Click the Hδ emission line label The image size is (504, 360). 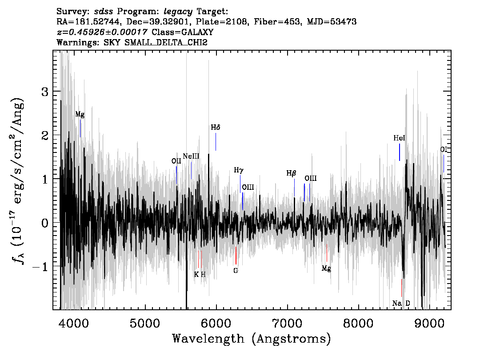(216, 128)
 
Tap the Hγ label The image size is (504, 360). (239, 170)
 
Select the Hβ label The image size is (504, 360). (291, 174)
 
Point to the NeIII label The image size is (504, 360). (191, 156)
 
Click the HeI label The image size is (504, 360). (399, 138)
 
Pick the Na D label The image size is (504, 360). (401, 304)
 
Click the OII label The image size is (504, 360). (176, 161)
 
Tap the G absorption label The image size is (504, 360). (236, 271)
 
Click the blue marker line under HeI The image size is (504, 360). (400, 152)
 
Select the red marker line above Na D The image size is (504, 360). (401, 288)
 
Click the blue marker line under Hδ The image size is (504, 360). (216, 142)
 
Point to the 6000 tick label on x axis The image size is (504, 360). (216, 323)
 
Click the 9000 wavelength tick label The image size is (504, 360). (429, 323)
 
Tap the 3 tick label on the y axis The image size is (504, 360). (45, 92)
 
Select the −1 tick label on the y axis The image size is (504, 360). (40, 267)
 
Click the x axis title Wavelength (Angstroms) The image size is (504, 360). (252, 339)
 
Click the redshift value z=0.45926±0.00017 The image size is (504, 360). (102, 32)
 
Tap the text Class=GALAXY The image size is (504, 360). (183, 32)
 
